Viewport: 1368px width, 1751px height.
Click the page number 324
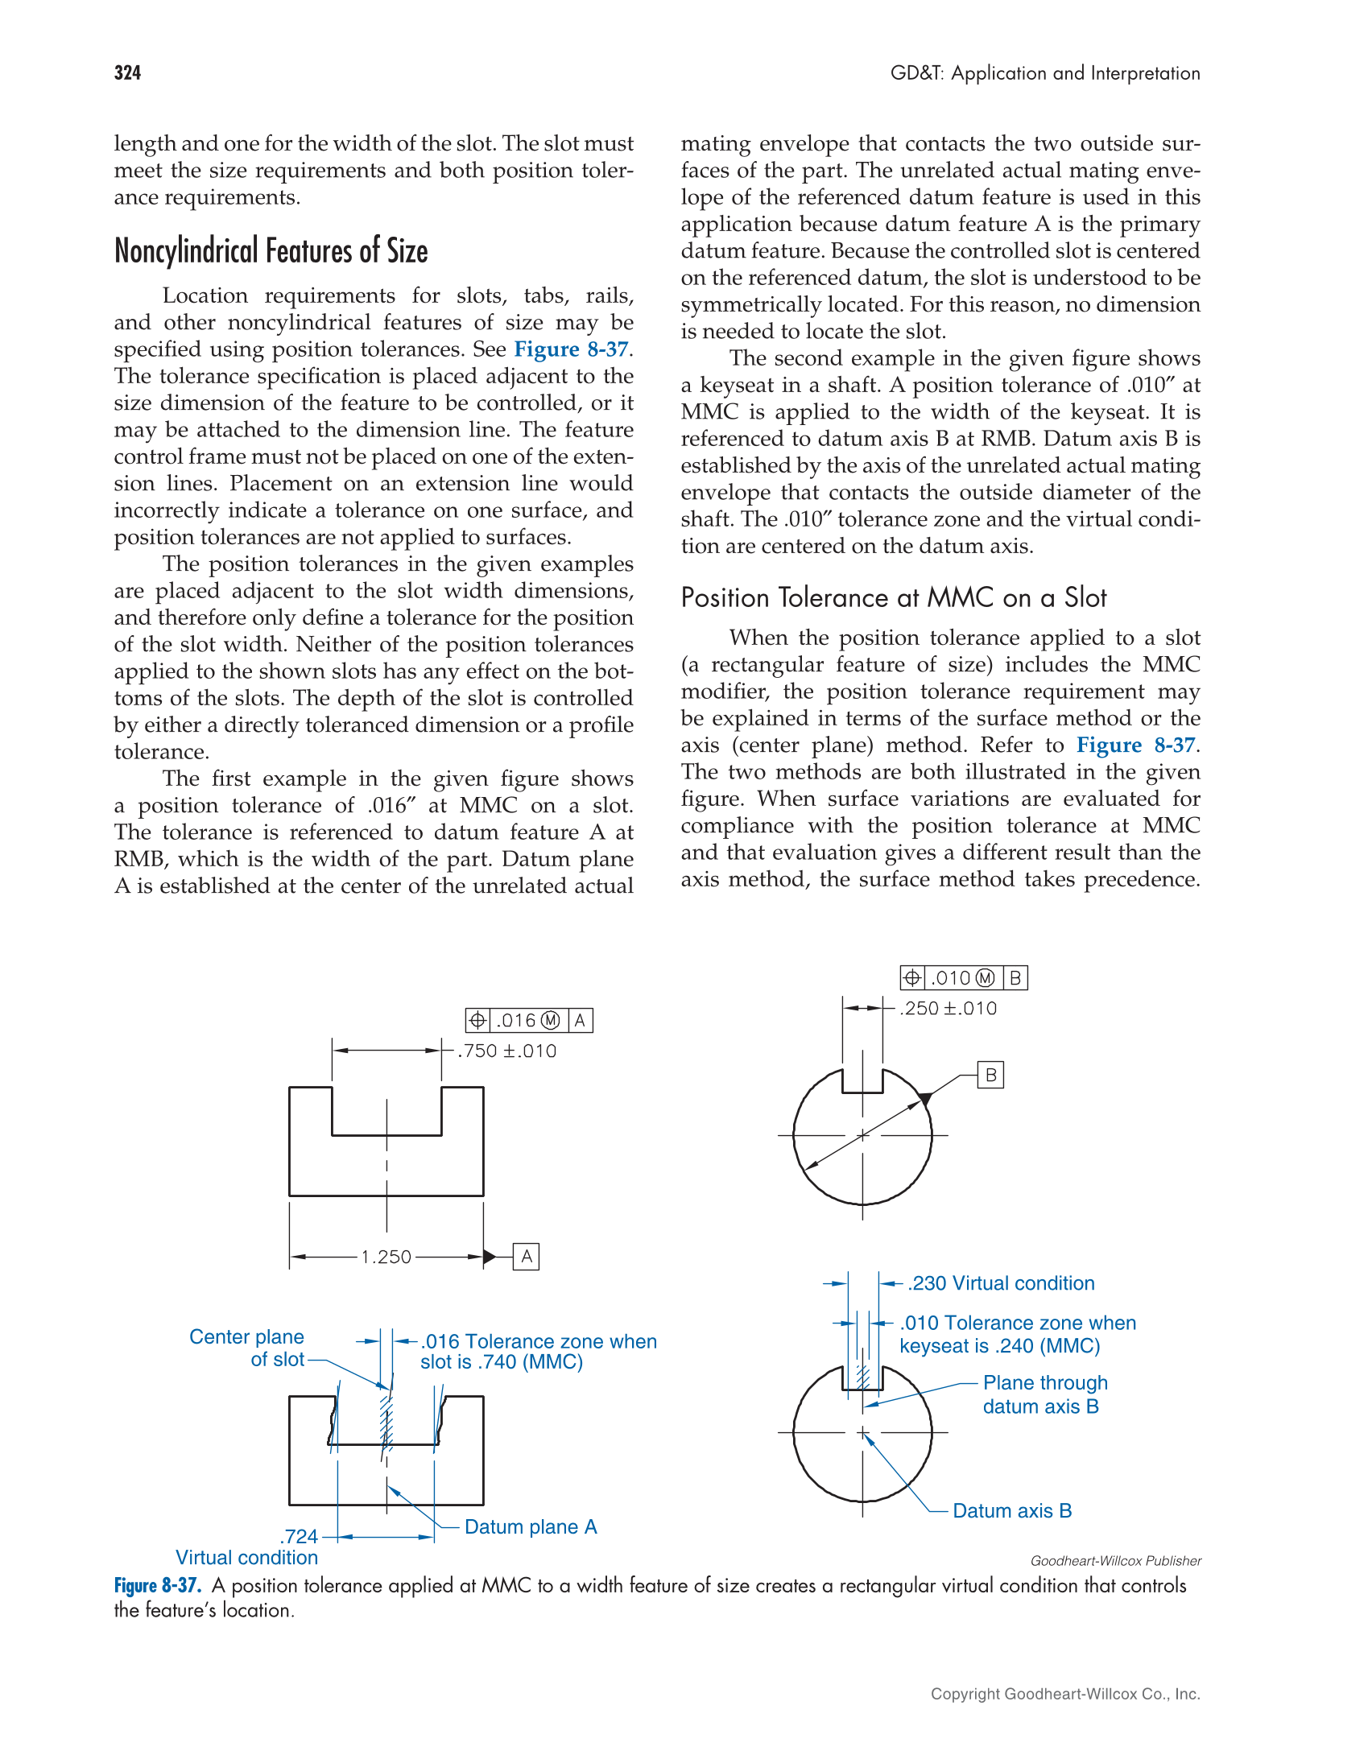tap(127, 73)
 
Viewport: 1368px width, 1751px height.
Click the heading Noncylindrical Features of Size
tap(271, 251)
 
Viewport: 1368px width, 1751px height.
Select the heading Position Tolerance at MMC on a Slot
tap(893, 598)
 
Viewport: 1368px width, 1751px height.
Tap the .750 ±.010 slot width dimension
tap(506, 1051)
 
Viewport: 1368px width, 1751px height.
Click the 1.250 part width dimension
tap(386, 1257)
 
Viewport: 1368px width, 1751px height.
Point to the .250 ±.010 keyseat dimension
tap(948, 1009)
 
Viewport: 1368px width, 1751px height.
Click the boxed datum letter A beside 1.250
tap(526, 1257)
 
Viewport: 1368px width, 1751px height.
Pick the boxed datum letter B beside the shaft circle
tap(990, 1076)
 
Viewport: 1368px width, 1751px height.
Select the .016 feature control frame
tap(529, 1021)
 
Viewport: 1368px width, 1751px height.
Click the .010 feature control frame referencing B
tap(963, 978)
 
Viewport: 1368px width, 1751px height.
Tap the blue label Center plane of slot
tap(247, 1348)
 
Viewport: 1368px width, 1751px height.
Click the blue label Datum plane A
tap(531, 1527)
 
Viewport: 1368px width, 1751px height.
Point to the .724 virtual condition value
tap(300, 1537)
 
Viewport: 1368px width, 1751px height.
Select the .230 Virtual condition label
tap(1001, 1283)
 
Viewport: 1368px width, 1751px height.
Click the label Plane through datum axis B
tap(1044, 1394)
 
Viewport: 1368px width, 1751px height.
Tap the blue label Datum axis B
tap(1011, 1511)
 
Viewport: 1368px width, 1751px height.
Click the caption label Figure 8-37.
tap(157, 1586)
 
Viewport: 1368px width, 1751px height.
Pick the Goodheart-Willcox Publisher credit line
tap(1115, 1561)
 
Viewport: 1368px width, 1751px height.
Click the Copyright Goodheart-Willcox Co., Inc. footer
tap(1064, 1694)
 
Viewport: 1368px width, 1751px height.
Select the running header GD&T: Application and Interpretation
tap(1044, 73)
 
